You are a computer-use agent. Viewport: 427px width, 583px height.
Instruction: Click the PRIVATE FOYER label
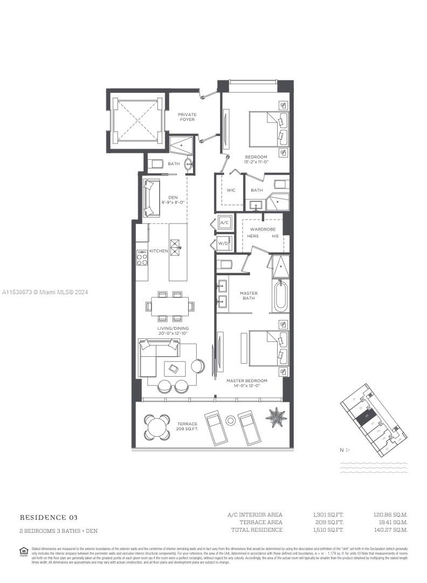[187, 117]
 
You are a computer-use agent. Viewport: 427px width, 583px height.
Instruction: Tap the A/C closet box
[225, 223]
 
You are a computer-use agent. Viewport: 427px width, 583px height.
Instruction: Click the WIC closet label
[231, 190]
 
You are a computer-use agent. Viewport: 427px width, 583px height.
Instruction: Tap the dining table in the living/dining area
[170, 306]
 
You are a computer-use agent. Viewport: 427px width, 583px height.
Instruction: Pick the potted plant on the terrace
[276, 417]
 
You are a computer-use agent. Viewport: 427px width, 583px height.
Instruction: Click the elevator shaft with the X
[136, 119]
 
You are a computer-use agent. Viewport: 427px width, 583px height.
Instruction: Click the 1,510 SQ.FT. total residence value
[328, 530]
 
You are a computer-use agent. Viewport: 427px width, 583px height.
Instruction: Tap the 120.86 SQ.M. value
[391, 514]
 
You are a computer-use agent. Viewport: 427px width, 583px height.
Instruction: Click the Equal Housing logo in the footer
[24, 551]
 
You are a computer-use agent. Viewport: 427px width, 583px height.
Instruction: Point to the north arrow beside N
[348, 449]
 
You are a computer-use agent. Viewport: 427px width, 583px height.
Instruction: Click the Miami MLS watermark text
[44, 292]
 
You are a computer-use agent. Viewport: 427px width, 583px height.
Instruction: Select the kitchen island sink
[176, 250]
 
